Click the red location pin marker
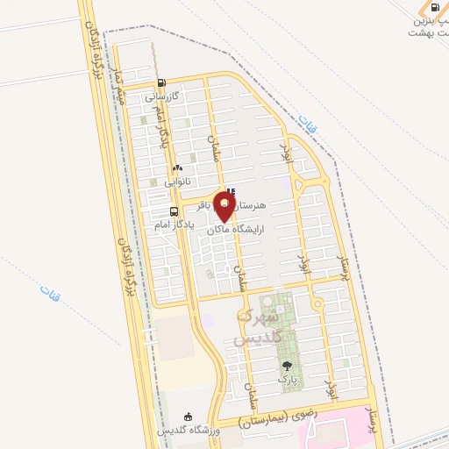(x=225, y=209)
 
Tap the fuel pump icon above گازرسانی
(x=160, y=85)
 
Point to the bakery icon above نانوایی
(x=177, y=167)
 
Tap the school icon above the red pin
(x=231, y=193)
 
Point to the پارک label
(x=287, y=379)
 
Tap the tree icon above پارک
(x=287, y=366)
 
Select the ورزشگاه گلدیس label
(x=187, y=431)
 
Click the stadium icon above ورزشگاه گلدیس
(x=187, y=417)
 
